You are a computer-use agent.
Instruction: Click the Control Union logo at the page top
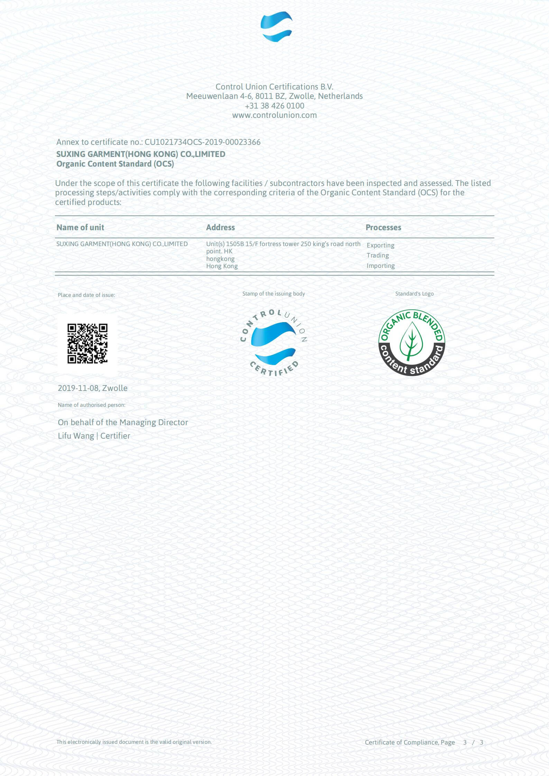click(x=276, y=26)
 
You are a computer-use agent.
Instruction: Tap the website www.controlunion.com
click(x=274, y=115)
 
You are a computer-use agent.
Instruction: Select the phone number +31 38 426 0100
click(x=274, y=106)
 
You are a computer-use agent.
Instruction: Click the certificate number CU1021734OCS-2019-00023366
click(x=202, y=142)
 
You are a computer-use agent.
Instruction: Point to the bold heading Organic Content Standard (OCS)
click(x=115, y=164)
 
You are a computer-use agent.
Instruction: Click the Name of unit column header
click(x=80, y=227)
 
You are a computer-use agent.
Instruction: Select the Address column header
click(x=220, y=227)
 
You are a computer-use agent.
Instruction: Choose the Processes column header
click(x=383, y=227)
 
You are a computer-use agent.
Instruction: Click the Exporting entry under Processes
click(x=381, y=245)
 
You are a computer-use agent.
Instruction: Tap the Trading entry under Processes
click(x=378, y=255)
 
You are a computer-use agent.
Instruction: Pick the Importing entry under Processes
click(x=381, y=266)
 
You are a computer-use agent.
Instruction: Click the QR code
click(x=88, y=344)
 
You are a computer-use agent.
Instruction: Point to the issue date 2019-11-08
click(x=78, y=388)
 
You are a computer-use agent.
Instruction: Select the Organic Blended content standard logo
click(x=412, y=343)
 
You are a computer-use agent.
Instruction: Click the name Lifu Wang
click(x=76, y=436)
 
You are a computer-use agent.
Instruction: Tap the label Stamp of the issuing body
click(x=274, y=294)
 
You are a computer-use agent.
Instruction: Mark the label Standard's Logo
click(x=414, y=294)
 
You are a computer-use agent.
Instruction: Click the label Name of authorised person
click(x=92, y=405)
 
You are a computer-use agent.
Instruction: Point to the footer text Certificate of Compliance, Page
click(x=410, y=742)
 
